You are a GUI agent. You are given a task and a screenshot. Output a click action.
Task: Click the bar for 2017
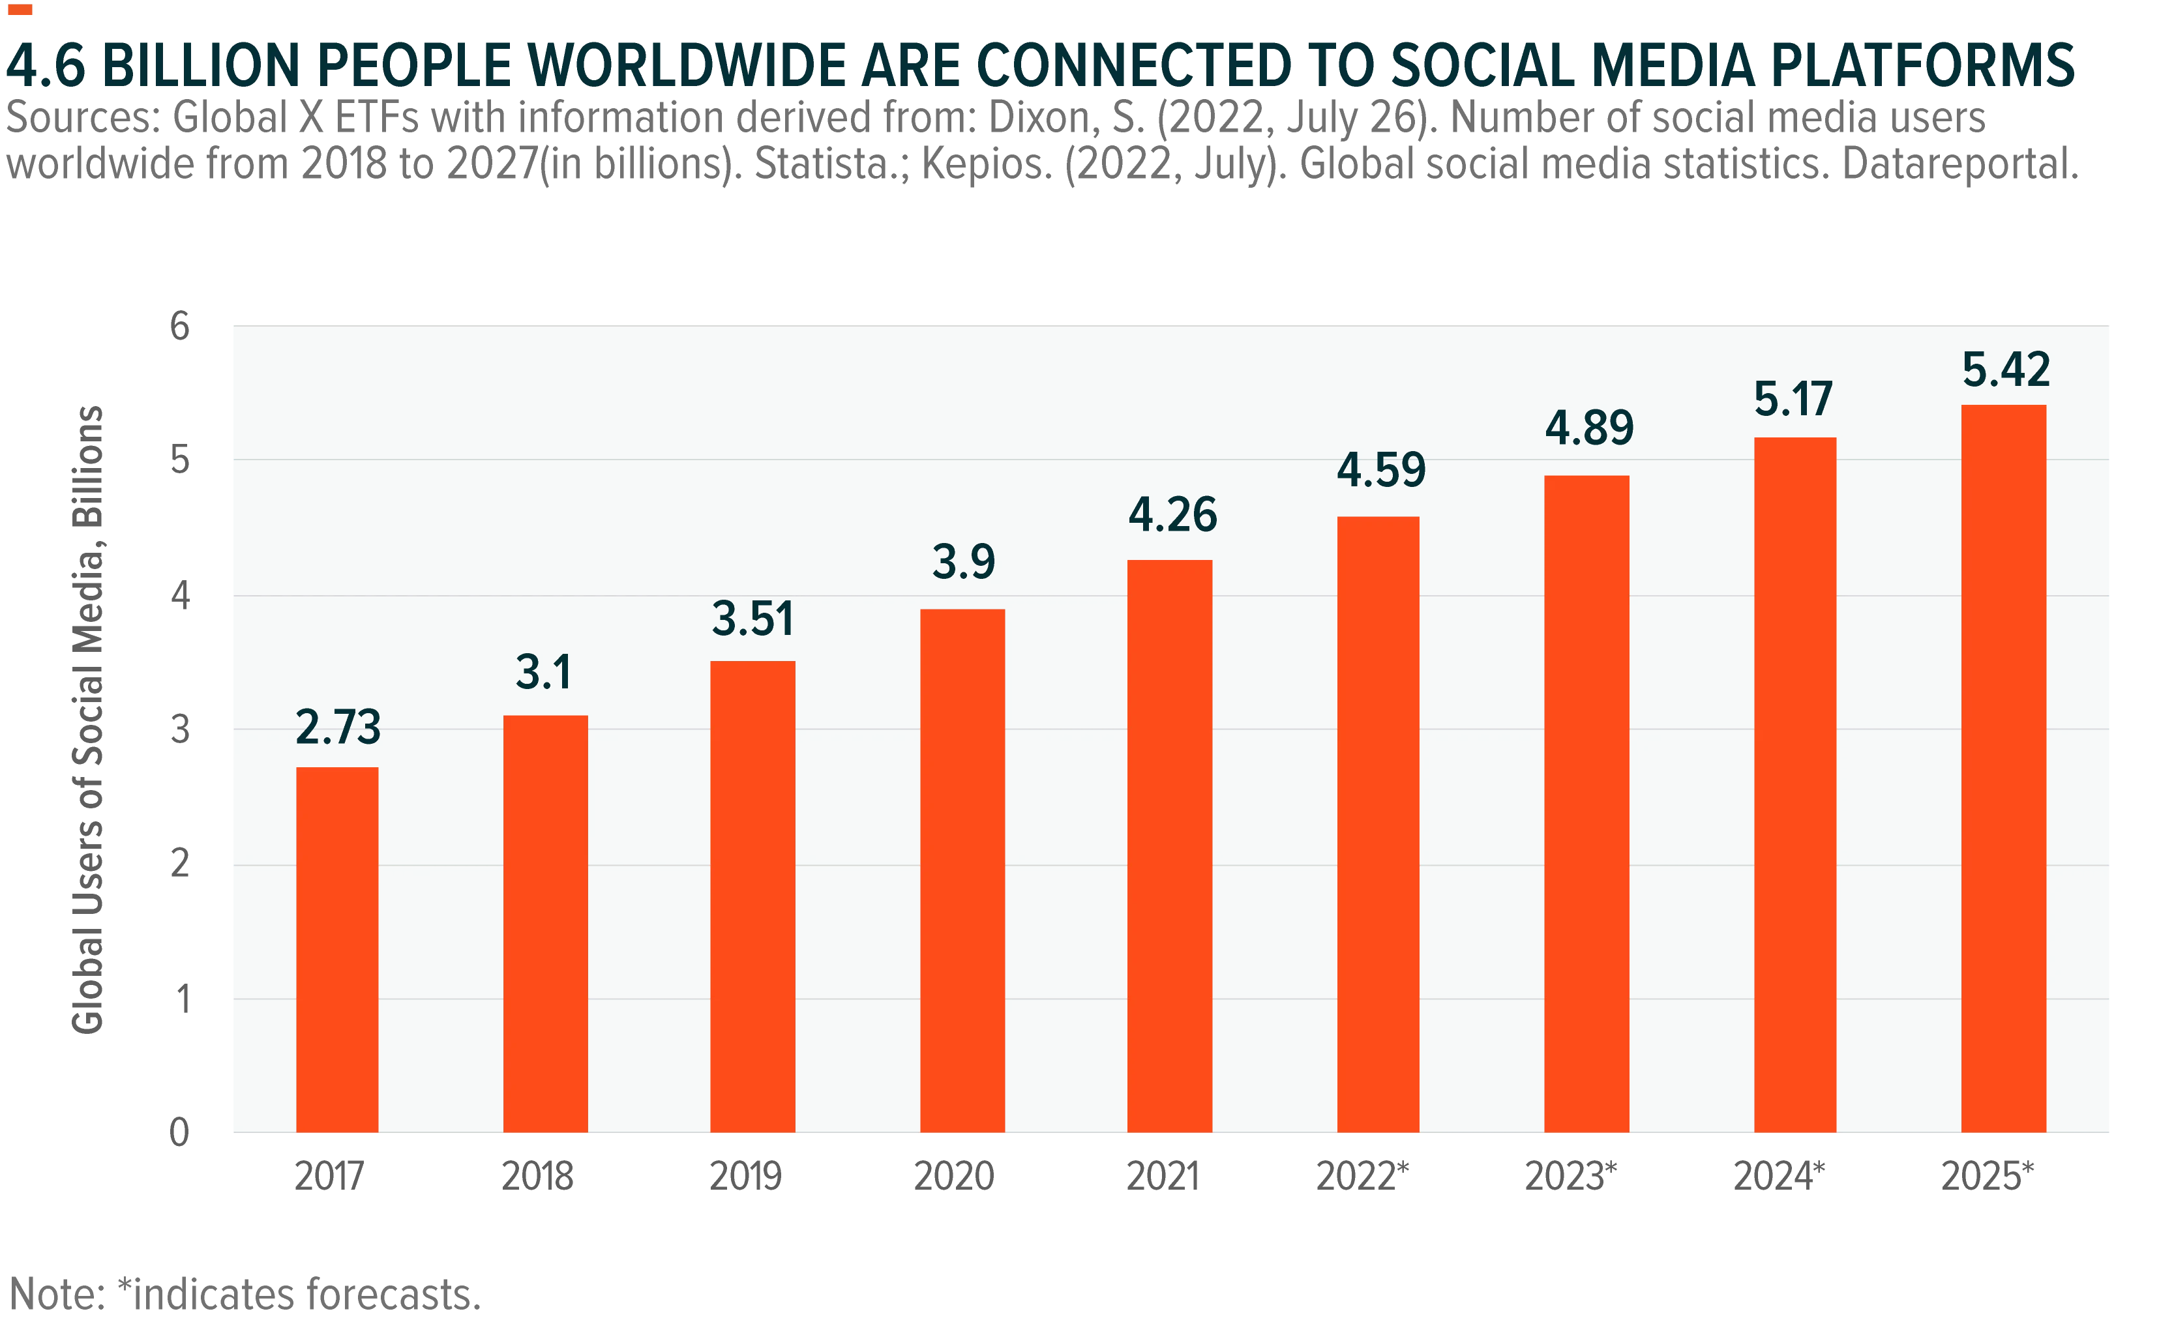click(x=337, y=949)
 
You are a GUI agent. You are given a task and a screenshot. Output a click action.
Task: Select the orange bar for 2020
click(x=962, y=870)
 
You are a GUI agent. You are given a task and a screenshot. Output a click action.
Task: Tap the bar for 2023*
click(x=1586, y=804)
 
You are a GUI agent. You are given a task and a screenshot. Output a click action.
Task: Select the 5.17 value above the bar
click(x=1794, y=399)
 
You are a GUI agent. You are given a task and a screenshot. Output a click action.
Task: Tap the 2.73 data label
click(x=338, y=727)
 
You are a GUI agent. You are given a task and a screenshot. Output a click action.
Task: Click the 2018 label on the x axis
click(x=538, y=1176)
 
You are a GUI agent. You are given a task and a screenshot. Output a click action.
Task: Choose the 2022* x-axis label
click(x=1362, y=1176)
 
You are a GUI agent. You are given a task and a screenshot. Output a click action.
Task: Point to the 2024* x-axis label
click(x=1779, y=1176)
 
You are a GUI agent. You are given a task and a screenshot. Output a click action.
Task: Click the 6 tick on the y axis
click(x=179, y=327)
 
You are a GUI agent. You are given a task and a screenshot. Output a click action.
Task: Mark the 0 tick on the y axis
click(x=179, y=1132)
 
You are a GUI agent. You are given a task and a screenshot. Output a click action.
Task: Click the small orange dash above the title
click(x=20, y=10)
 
